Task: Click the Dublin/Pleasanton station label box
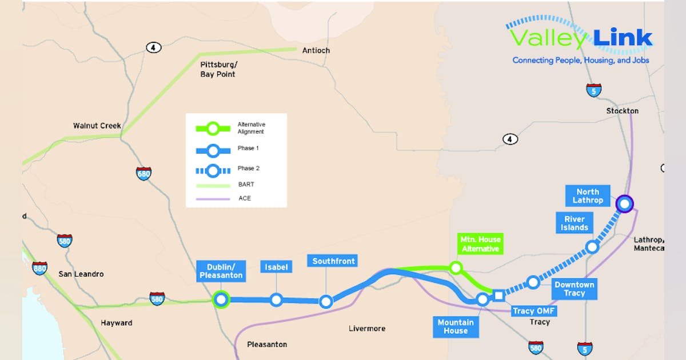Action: (221, 271)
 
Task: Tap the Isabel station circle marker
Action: (277, 299)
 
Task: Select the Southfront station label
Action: (333, 261)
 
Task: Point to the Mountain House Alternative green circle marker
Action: (456, 267)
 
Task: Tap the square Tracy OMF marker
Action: (499, 295)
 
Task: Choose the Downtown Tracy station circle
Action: (533, 282)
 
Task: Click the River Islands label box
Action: (575, 223)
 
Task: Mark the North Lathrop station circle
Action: (625, 203)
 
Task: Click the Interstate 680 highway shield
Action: (143, 173)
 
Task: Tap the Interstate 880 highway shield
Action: (39, 268)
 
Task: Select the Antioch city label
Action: (316, 50)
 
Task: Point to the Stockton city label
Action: (623, 110)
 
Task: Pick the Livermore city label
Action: (367, 329)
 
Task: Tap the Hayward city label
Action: (117, 323)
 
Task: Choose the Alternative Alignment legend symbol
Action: (213, 128)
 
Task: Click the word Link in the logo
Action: (623, 38)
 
